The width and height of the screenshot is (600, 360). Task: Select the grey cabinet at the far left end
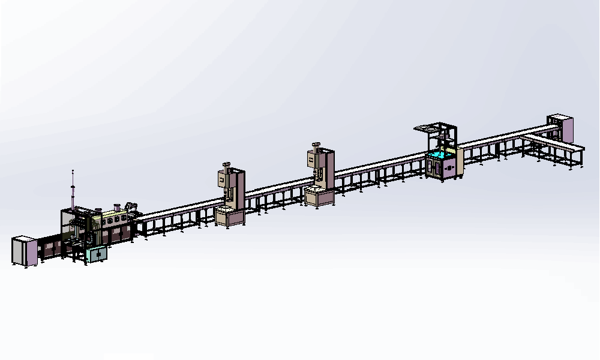(25, 251)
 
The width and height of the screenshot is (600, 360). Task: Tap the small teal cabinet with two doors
(97, 255)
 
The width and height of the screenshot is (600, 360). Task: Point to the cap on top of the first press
(226, 164)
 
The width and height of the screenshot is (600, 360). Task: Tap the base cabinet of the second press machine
(318, 196)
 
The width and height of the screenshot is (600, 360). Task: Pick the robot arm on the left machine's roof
(133, 208)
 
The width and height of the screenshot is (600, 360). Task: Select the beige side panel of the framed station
(460, 162)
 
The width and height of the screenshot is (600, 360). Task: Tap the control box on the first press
(221, 179)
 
